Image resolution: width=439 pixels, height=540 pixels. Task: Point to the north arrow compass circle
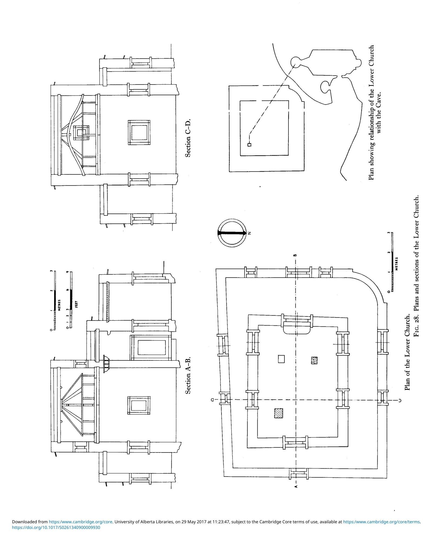pos(232,233)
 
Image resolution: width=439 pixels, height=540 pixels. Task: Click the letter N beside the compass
pos(250,233)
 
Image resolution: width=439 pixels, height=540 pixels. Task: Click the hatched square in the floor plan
pos(279,413)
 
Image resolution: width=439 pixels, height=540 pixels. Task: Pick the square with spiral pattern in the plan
pos(314,360)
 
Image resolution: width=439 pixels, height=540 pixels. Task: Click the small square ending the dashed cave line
pos(249,145)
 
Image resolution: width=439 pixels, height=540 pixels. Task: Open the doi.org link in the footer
pos(56,527)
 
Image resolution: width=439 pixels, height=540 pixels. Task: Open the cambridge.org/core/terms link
pos(382,522)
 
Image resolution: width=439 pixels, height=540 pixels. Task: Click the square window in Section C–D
pos(139,133)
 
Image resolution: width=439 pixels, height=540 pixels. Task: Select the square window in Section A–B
pos(139,405)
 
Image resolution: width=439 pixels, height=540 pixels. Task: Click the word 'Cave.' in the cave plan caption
pos(379,100)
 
